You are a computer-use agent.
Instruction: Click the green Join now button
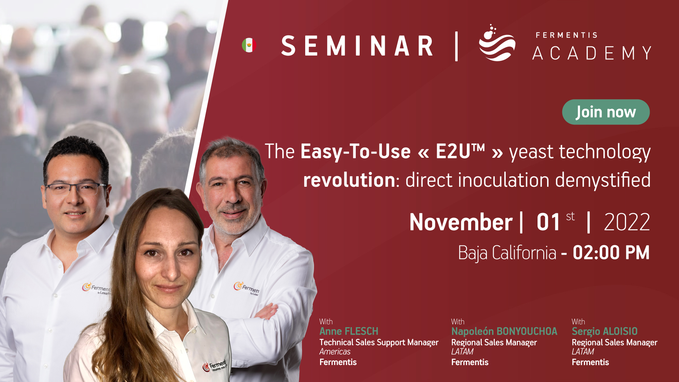click(606, 112)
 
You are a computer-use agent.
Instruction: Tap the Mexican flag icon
click(249, 45)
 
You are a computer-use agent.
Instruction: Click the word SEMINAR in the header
click(357, 46)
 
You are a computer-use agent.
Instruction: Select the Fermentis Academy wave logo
click(497, 43)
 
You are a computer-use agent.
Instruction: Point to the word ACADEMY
click(592, 53)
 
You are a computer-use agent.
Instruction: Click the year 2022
click(627, 222)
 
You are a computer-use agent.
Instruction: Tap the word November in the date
click(461, 222)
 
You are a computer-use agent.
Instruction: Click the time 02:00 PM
click(611, 253)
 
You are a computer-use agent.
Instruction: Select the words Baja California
click(507, 253)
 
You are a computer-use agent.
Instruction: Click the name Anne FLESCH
click(349, 331)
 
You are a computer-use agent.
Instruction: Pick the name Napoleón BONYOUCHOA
click(504, 331)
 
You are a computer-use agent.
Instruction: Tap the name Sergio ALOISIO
click(604, 331)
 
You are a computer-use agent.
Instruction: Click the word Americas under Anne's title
click(335, 352)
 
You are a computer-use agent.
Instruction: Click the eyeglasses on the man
click(75, 188)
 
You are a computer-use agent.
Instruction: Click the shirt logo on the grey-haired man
click(246, 288)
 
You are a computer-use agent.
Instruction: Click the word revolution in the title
click(349, 180)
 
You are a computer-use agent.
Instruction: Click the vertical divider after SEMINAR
click(456, 46)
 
